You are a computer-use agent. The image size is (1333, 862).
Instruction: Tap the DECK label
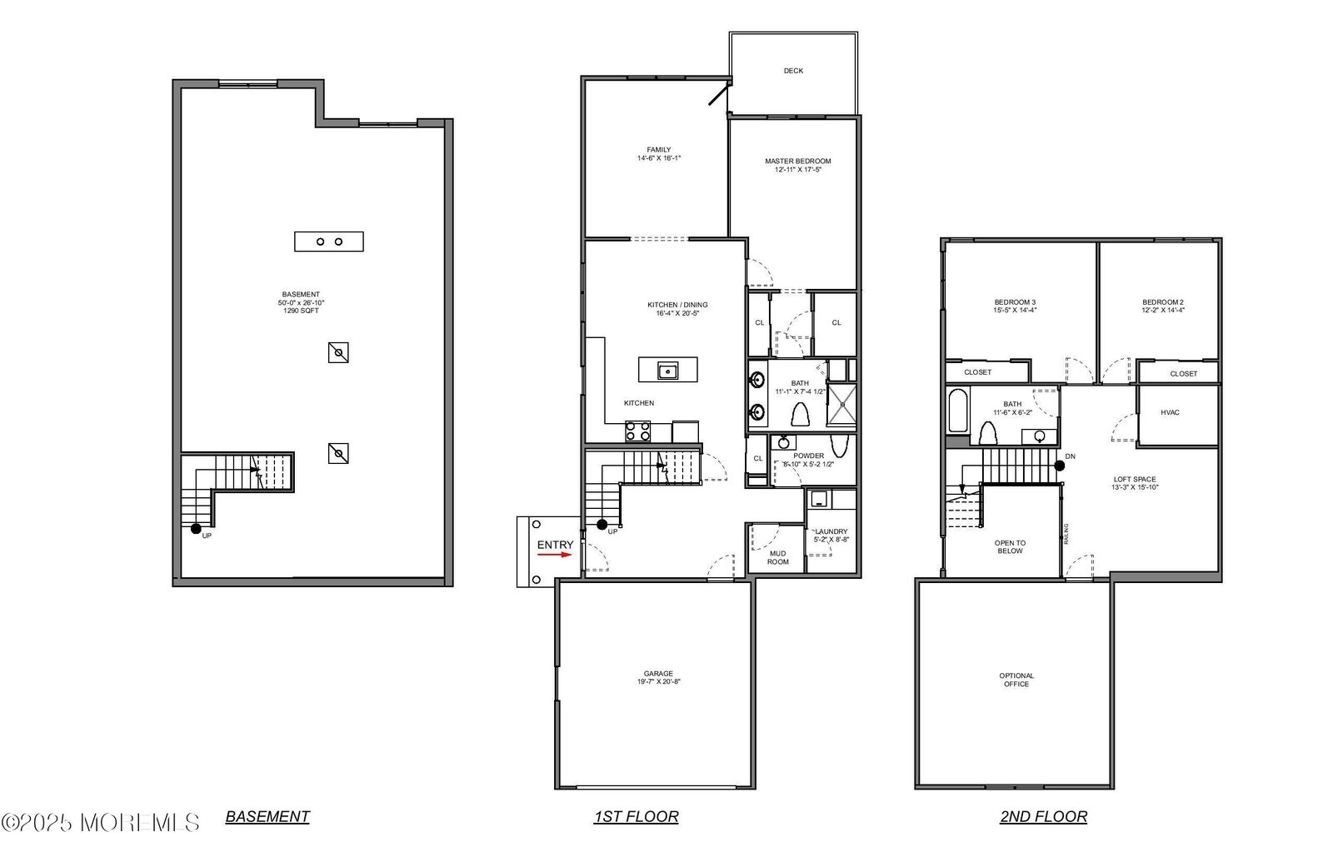(793, 71)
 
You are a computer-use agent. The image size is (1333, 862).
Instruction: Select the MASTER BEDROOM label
(797, 162)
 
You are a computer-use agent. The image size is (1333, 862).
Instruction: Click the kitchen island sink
(667, 370)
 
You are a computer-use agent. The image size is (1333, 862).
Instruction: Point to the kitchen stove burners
(638, 431)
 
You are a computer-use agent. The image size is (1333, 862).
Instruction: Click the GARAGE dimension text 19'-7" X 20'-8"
(658, 682)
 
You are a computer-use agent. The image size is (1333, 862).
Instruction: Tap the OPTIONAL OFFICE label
(1016, 680)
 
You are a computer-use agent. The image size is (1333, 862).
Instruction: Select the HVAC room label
(1170, 412)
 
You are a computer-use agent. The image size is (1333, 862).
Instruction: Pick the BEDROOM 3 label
(1015, 302)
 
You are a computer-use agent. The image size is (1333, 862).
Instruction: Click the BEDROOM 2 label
(1162, 302)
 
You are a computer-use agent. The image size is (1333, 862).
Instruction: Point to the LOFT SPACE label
(1134, 480)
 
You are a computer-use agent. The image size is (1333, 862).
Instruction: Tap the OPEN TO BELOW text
(1010, 546)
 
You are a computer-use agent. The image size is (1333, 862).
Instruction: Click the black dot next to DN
(1059, 466)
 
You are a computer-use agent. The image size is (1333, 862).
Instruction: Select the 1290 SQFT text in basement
(301, 311)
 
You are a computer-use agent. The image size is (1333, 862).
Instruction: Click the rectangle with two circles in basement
(329, 242)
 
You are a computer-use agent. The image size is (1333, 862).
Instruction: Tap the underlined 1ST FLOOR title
(636, 817)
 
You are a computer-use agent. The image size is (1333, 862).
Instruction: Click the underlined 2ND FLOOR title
(1043, 817)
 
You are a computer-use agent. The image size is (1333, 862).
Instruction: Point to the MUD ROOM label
(777, 557)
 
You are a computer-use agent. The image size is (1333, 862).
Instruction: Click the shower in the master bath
(841, 405)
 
